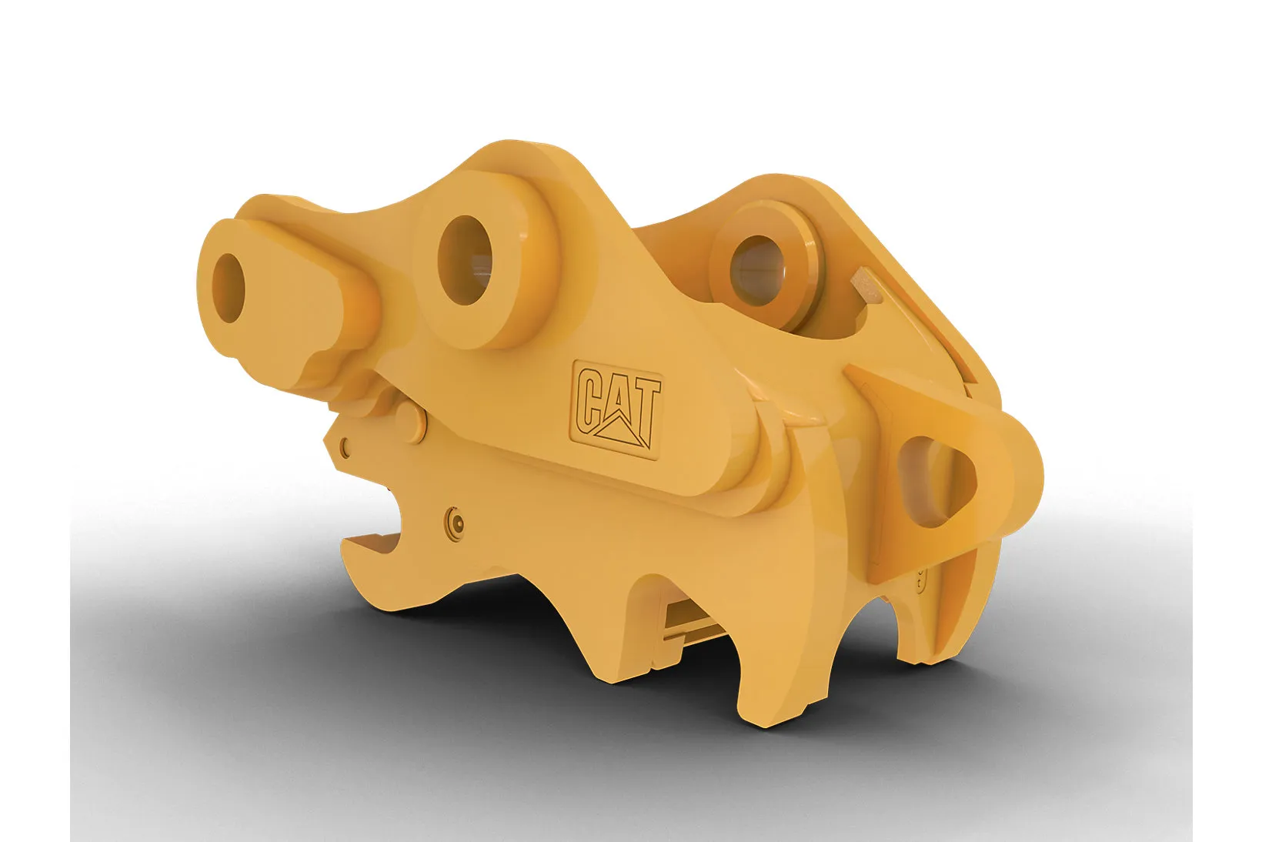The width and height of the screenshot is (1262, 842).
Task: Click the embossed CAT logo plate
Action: click(x=617, y=410)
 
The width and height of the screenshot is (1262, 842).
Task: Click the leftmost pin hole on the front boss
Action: click(x=228, y=287)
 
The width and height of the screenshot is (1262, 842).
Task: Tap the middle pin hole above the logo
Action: click(x=464, y=260)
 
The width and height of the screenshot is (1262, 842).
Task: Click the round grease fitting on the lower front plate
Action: click(x=455, y=524)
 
